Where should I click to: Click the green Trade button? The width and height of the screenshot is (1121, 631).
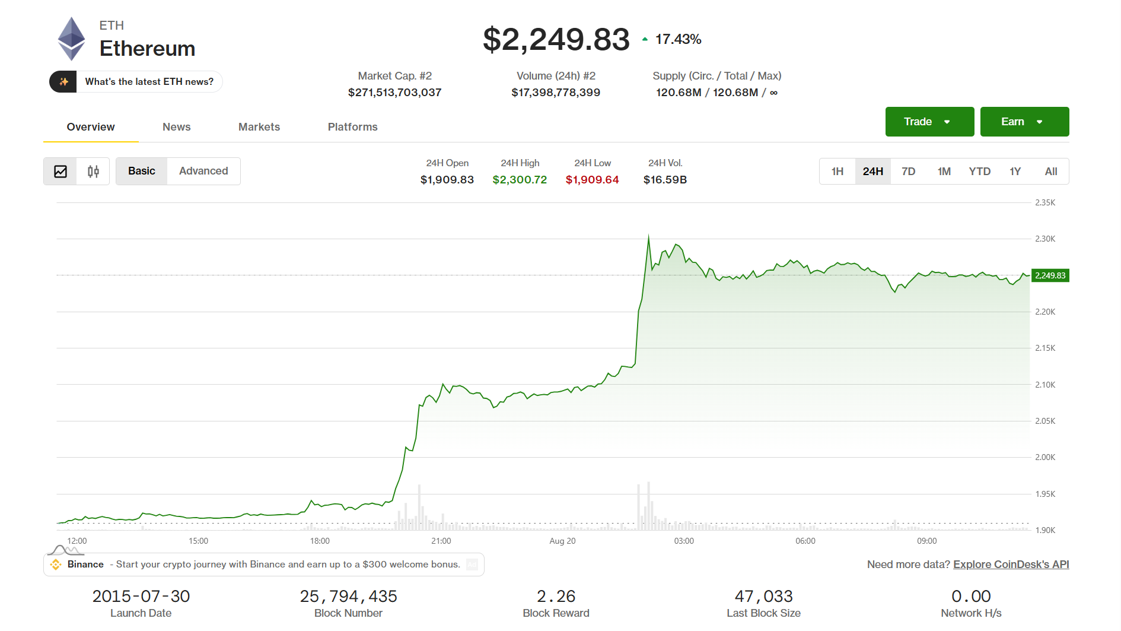pyautogui.click(x=929, y=122)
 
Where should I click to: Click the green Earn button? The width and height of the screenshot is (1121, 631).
pyautogui.click(x=1024, y=122)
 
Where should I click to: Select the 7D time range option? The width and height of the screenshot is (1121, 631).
pyautogui.click(x=908, y=172)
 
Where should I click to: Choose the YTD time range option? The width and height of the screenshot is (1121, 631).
pyautogui.click(x=979, y=172)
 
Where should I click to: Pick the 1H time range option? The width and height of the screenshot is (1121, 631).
pyautogui.click(x=837, y=172)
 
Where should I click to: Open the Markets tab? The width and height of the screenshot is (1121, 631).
pyautogui.click(x=259, y=127)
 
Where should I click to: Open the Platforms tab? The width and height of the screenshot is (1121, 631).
pyautogui.click(x=353, y=127)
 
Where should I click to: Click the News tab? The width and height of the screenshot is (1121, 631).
pyautogui.click(x=177, y=127)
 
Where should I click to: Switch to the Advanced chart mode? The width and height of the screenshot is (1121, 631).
pyautogui.click(x=203, y=171)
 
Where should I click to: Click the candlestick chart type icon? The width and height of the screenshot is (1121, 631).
pyautogui.click(x=93, y=172)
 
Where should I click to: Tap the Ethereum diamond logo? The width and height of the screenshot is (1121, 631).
pyautogui.click(x=71, y=39)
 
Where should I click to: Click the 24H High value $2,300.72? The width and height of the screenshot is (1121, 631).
pyautogui.click(x=520, y=179)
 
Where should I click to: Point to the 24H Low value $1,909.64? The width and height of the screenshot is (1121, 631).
pyautogui.click(x=592, y=179)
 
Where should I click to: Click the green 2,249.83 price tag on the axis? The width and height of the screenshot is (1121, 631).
pyautogui.click(x=1050, y=275)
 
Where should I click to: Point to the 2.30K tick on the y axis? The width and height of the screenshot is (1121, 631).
pyautogui.click(x=1045, y=239)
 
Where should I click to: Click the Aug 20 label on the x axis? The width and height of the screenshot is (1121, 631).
pyautogui.click(x=562, y=541)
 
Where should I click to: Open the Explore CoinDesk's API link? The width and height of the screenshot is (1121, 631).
pyautogui.click(x=1011, y=565)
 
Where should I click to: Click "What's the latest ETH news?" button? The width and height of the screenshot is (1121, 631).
pyautogui.click(x=136, y=82)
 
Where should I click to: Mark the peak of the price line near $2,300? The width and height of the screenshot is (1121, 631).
pyautogui.click(x=648, y=236)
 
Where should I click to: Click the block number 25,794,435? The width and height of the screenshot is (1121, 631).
pyautogui.click(x=348, y=596)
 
